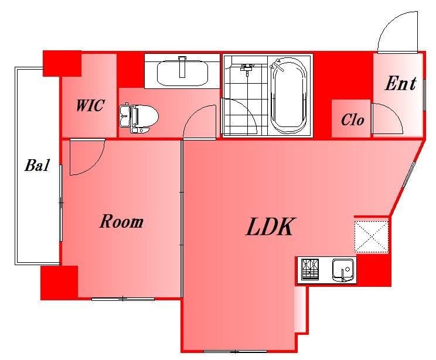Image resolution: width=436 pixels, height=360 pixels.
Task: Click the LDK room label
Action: (270, 227)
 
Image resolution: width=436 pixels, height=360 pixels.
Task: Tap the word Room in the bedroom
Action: (121, 221)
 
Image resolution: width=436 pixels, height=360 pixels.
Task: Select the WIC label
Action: (90, 105)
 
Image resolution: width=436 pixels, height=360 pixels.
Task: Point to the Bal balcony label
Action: (37, 165)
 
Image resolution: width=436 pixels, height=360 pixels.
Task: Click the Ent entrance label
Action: (400, 83)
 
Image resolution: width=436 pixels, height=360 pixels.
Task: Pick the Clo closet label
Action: (352, 120)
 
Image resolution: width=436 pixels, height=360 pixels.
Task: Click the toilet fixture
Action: (138, 118)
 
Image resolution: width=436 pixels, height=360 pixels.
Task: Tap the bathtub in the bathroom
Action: (289, 96)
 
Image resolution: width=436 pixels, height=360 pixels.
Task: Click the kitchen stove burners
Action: (310, 269)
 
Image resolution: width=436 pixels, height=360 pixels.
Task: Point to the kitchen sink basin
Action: (343, 270)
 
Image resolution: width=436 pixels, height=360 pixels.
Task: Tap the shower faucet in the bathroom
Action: (247, 68)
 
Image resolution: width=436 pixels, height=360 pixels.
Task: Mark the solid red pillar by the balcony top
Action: (62, 63)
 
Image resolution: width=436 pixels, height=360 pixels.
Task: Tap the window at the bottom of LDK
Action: (235, 351)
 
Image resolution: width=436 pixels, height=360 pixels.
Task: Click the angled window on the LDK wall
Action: (409, 174)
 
